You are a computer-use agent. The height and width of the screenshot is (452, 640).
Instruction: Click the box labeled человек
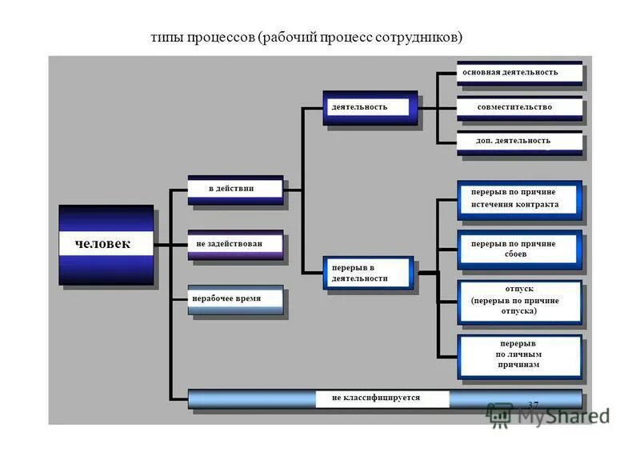click(x=106, y=244)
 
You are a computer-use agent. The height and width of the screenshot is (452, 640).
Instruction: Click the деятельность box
click(x=370, y=107)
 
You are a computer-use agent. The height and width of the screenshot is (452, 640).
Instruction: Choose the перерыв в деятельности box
click(x=369, y=273)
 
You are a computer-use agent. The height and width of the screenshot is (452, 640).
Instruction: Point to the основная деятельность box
click(x=519, y=73)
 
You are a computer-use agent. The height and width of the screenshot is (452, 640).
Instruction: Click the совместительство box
click(x=519, y=107)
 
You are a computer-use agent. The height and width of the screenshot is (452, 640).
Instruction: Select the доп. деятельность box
click(x=519, y=142)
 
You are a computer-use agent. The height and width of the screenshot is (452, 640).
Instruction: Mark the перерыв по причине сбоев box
click(x=519, y=249)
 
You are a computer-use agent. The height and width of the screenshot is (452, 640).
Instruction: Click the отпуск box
click(x=519, y=301)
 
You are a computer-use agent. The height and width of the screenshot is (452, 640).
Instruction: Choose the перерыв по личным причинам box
click(x=519, y=354)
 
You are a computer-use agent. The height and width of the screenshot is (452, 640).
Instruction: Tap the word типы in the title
click(x=168, y=38)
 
